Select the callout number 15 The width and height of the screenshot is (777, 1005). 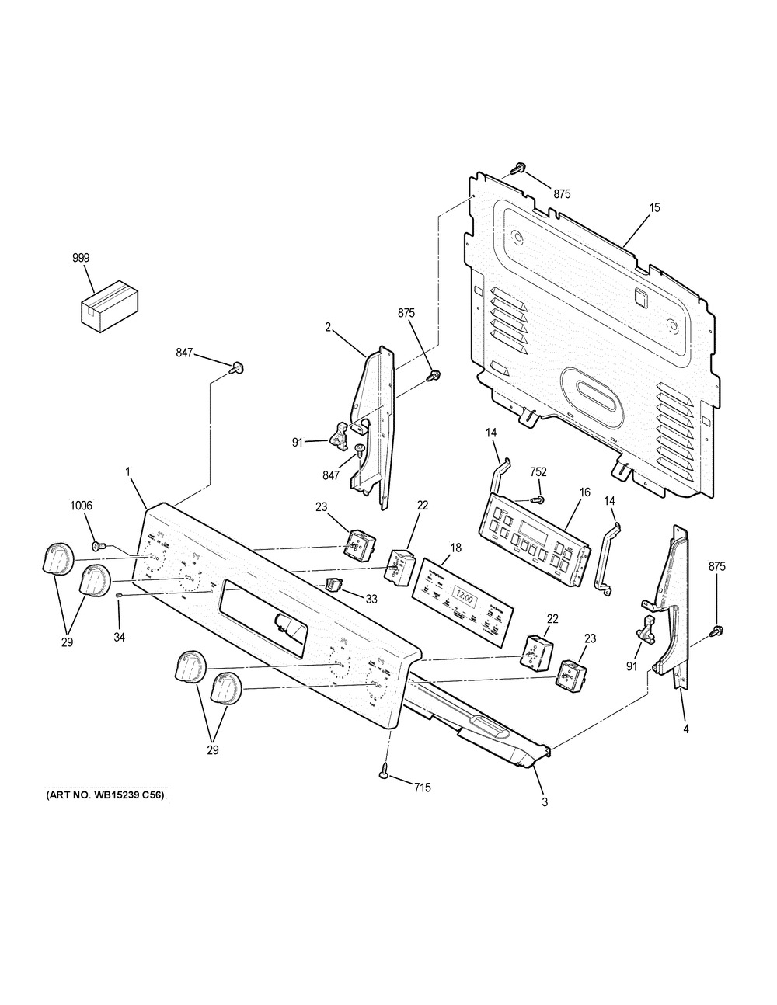click(x=654, y=207)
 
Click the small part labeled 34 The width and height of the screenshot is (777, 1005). click(x=119, y=596)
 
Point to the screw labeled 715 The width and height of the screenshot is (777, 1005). click(x=385, y=770)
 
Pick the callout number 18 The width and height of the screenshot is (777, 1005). click(x=455, y=548)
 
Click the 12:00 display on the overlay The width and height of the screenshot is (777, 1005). click(x=463, y=597)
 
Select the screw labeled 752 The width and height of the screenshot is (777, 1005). click(x=537, y=498)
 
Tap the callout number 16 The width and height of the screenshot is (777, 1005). click(x=584, y=492)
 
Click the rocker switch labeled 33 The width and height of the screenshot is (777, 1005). click(x=334, y=584)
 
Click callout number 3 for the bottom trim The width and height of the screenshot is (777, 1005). click(x=544, y=802)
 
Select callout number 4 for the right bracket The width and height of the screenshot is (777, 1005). click(x=685, y=729)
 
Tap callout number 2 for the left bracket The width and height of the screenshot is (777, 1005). click(x=329, y=327)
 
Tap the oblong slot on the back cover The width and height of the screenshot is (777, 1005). click(x=592, y=389)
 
